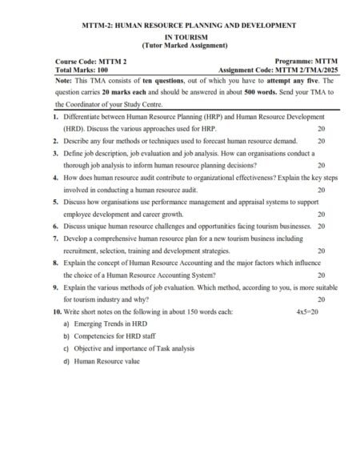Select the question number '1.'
tap(56, 117)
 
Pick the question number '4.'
tap(56, 179)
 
